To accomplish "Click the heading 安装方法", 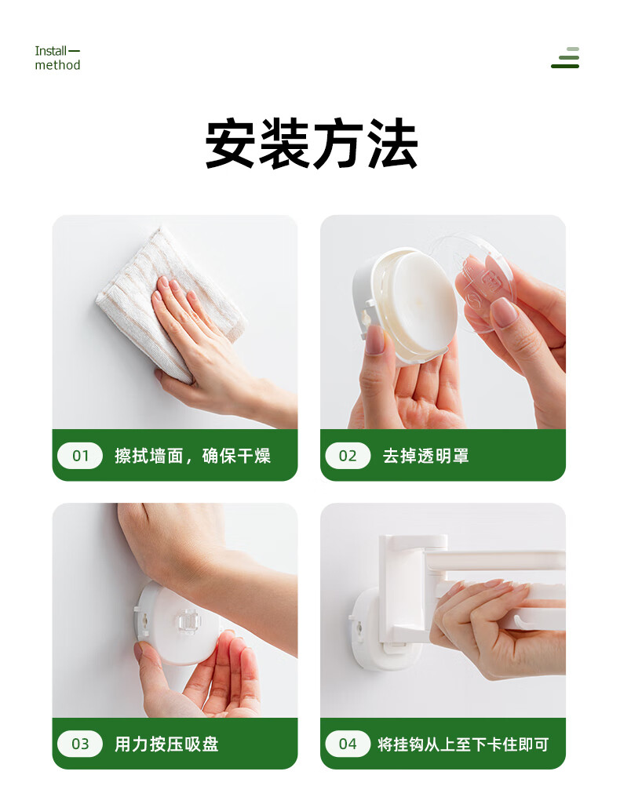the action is coord(311,144).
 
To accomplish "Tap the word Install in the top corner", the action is coord(50,51).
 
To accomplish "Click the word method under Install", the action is coord(57,65).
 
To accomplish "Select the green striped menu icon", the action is coord(565,57).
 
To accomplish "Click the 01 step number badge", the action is coord(80,456).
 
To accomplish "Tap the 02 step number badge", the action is coord(348,456).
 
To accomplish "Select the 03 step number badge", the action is coord(80,744).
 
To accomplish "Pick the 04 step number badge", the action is coord(348,744).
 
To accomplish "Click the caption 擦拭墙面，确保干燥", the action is coord(192,456).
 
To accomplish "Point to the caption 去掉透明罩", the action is coord(426,456).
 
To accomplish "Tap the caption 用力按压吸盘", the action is coord(166,744).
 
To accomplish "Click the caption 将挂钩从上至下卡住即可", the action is coord(463,744).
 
